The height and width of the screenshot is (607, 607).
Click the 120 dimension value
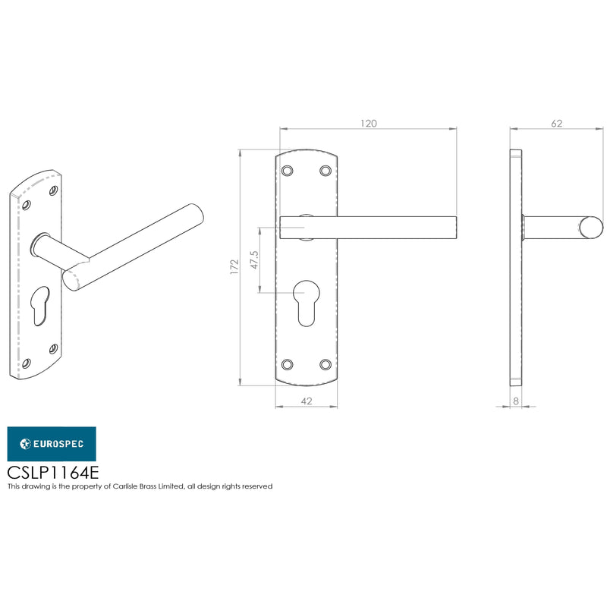point(368,124)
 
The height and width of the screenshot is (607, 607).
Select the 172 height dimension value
point(234,267)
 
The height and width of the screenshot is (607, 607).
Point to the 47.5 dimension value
point(254,259)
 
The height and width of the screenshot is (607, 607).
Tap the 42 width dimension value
point(307,401)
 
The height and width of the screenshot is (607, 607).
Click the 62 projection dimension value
point(556,124)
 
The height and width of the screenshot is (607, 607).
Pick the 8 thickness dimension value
point(516,401)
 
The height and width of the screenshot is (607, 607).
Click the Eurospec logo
point(52,444)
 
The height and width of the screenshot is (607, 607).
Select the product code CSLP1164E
point(53,472)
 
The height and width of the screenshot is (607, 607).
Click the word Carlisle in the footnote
point(124,486)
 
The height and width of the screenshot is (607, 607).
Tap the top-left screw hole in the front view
point(288,171)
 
